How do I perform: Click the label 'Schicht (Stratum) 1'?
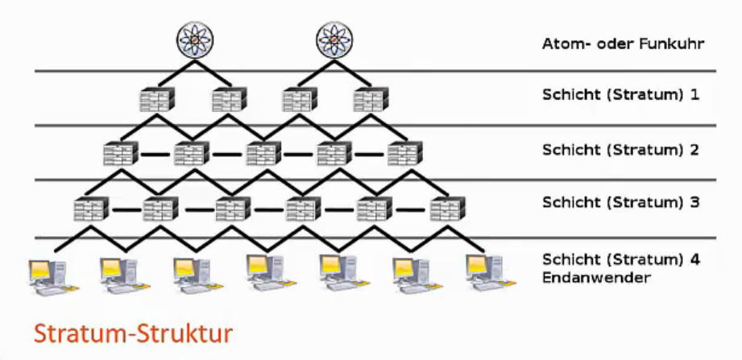(x=620, y=95)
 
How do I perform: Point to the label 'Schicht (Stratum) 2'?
(x=620, y=149)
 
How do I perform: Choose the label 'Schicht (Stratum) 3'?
(x=620, y=201)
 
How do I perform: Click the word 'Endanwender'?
(x=596, y=278)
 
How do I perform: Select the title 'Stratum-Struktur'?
(x=134, y=333)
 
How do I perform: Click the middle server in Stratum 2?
(x=263, y=152)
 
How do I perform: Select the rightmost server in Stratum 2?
(x=404, y=152)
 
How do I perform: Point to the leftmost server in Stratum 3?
(x=89, y=209)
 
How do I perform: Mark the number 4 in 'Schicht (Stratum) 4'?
(x=694, y=259)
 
